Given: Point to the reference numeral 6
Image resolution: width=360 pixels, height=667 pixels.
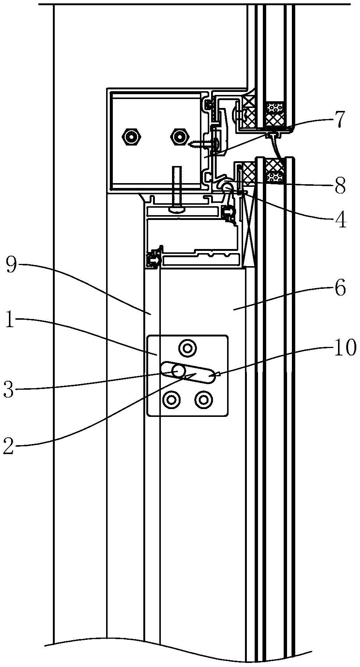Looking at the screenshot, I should [340, 289].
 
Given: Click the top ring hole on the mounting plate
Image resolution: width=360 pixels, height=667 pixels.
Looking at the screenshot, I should [187, 348].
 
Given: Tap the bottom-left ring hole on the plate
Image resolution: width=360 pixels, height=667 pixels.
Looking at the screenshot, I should [171, 400].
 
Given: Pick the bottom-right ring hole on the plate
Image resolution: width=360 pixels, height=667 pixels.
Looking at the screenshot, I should [203, 400].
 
